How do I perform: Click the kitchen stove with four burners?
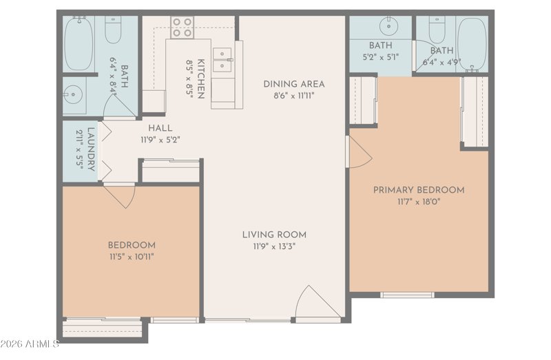click(x=182, y=28)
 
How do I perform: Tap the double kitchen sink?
click(x=222, y=60)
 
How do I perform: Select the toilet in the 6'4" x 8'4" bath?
click(x=113, y=30)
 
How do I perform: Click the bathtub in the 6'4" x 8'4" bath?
click(x=79, y=43)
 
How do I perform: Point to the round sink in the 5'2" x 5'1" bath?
click(x=388, y=26)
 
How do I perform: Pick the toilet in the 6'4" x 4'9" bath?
click(x=437, y=30)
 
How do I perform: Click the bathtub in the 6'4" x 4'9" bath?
click(x=472, y=44)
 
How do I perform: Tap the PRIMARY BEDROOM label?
click(x=419, y=190)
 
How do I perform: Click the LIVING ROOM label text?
click(x=274, y=235)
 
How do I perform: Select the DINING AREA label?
click(x=294, y=84)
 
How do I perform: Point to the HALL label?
click(x=160, y=128)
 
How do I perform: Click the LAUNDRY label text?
click(x=91, y=149)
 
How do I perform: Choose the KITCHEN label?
click(x=200, y=78)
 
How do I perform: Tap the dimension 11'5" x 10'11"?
click(x=132, y=257)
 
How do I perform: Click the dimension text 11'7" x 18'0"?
click(x=419, y=202)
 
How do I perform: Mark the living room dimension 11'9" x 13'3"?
click(x=274, y=246)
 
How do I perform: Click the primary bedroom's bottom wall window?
click(x=407, y=295)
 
